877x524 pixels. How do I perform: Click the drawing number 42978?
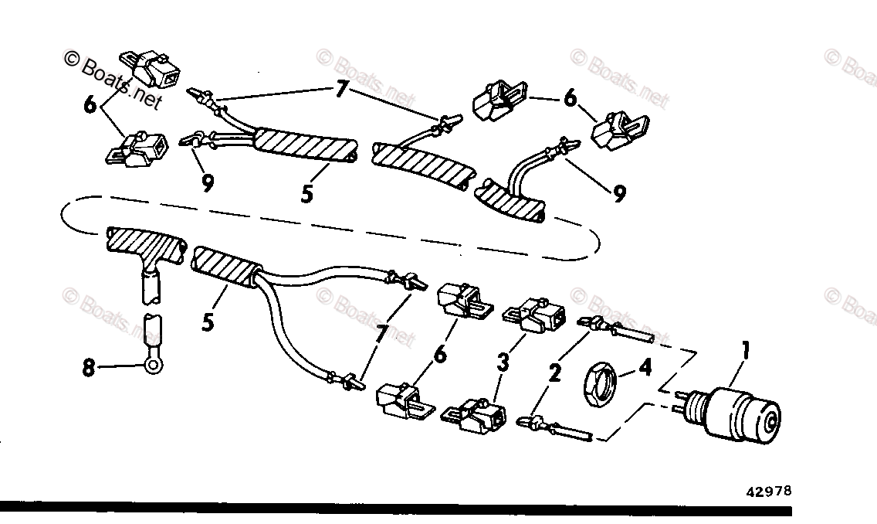(768, 490)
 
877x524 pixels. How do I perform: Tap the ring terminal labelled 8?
(152, 359)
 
